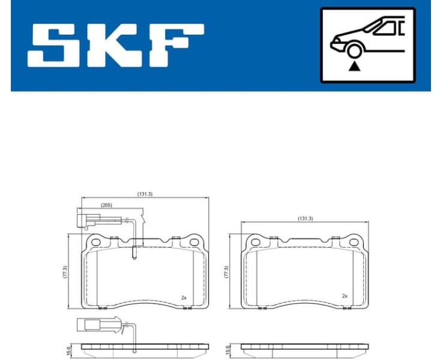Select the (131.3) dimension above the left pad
click(x=145, y=194)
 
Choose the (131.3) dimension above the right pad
click(x=305, y=219)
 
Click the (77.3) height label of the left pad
click(x=65, y=272)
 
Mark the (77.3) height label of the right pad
click(x=225, y=272)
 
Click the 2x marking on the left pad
click(x=184, y=297)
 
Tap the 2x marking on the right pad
click(x=344, y=296)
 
